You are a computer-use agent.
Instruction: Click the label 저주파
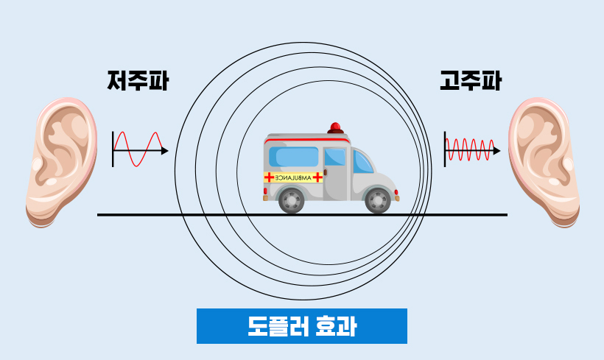click(x=138, y=80)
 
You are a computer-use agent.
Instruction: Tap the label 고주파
click(x=470, y=80)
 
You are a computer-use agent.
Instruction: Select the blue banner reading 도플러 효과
click(x=301, y=326)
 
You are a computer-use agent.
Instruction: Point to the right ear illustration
click(x=544, y=163)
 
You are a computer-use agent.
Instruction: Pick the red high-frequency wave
click(x=469, y=150)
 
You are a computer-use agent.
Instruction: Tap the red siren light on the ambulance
click(x=336, y=127)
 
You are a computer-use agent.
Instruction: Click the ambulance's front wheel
click(x=378, y=200)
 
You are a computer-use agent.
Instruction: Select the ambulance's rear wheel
click(x=292, y=200)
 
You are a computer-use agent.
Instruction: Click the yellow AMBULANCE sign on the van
click(x=293, y=177)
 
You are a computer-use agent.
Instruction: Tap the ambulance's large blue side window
click(x=293, y=157)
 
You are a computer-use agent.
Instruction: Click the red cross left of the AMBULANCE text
click(x=269, y=177)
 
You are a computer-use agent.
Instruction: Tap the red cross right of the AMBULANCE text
click(x=317, y=177)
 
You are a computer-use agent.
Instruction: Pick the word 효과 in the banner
click(x=335, y=326)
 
